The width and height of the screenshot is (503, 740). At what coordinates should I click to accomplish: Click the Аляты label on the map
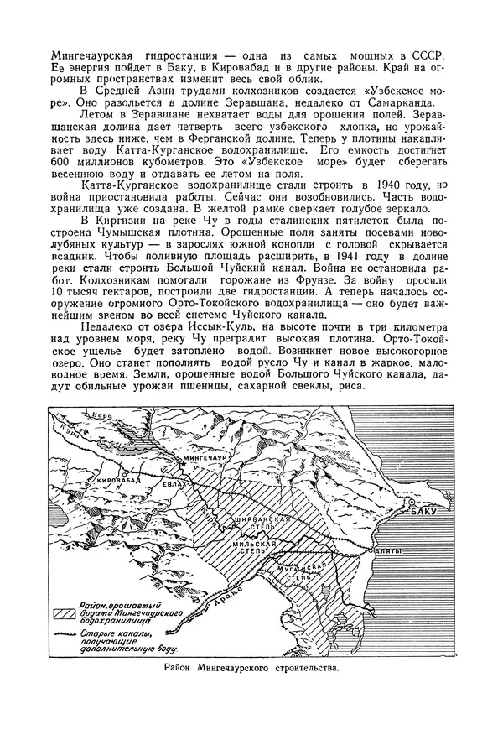pos(386,552)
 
